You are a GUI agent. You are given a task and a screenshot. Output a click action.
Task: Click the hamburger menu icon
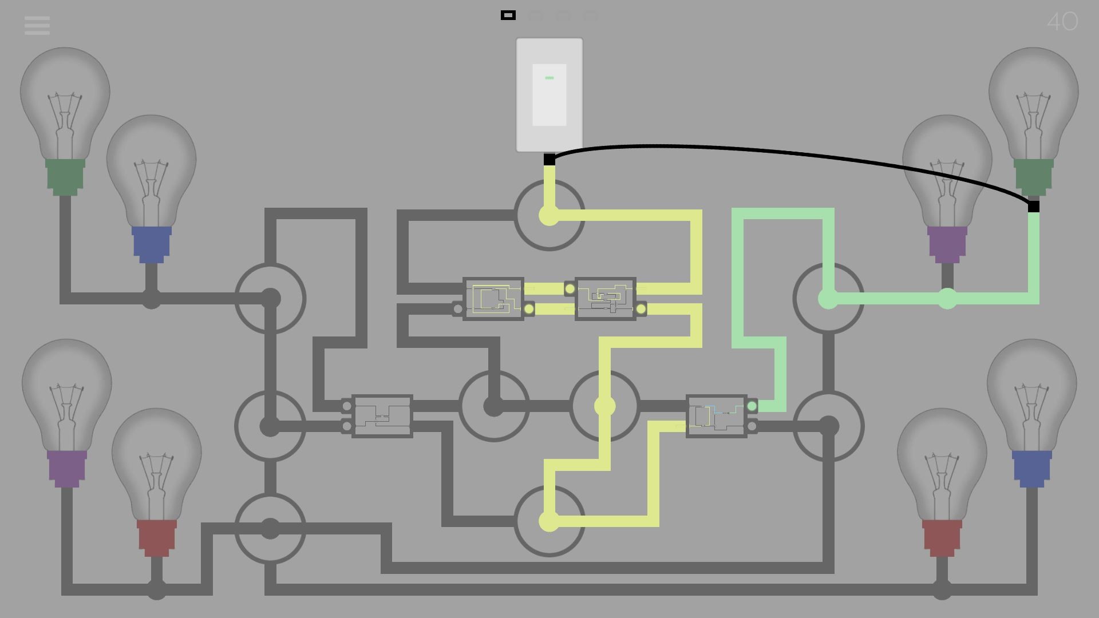coord(37,25)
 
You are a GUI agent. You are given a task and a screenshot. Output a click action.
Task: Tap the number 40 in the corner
coord(1062,22)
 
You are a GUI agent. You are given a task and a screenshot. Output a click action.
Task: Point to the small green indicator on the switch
coord(549,78)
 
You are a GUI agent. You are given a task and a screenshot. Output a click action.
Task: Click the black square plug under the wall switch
coord(549,160)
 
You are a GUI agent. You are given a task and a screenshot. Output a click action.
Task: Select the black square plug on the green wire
coord(1034,207)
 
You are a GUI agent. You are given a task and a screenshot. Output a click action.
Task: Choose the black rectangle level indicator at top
coord(508,15)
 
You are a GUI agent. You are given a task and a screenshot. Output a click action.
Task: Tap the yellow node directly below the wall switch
coord(549,216)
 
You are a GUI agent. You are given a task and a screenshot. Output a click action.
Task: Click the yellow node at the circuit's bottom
coord(549,521)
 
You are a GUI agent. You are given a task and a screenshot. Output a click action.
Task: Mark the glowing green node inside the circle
coord(828,299)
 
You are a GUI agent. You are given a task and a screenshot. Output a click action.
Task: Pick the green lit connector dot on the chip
coord(752,406)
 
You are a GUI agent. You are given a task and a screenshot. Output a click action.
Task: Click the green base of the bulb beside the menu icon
coord(65,176)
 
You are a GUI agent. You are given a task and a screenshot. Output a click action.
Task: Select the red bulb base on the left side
coord(156,537)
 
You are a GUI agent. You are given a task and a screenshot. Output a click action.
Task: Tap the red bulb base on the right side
coord(942,537)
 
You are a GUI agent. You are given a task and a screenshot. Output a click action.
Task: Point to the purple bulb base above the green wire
coord(947,244)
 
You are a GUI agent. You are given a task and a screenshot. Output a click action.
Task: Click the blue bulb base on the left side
coord(152,244)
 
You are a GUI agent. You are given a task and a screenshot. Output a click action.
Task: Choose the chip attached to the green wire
coord(717,416)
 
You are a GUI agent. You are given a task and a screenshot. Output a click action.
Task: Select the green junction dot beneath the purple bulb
coord(947,299)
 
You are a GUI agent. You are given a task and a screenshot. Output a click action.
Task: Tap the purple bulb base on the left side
coord(67,468)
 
